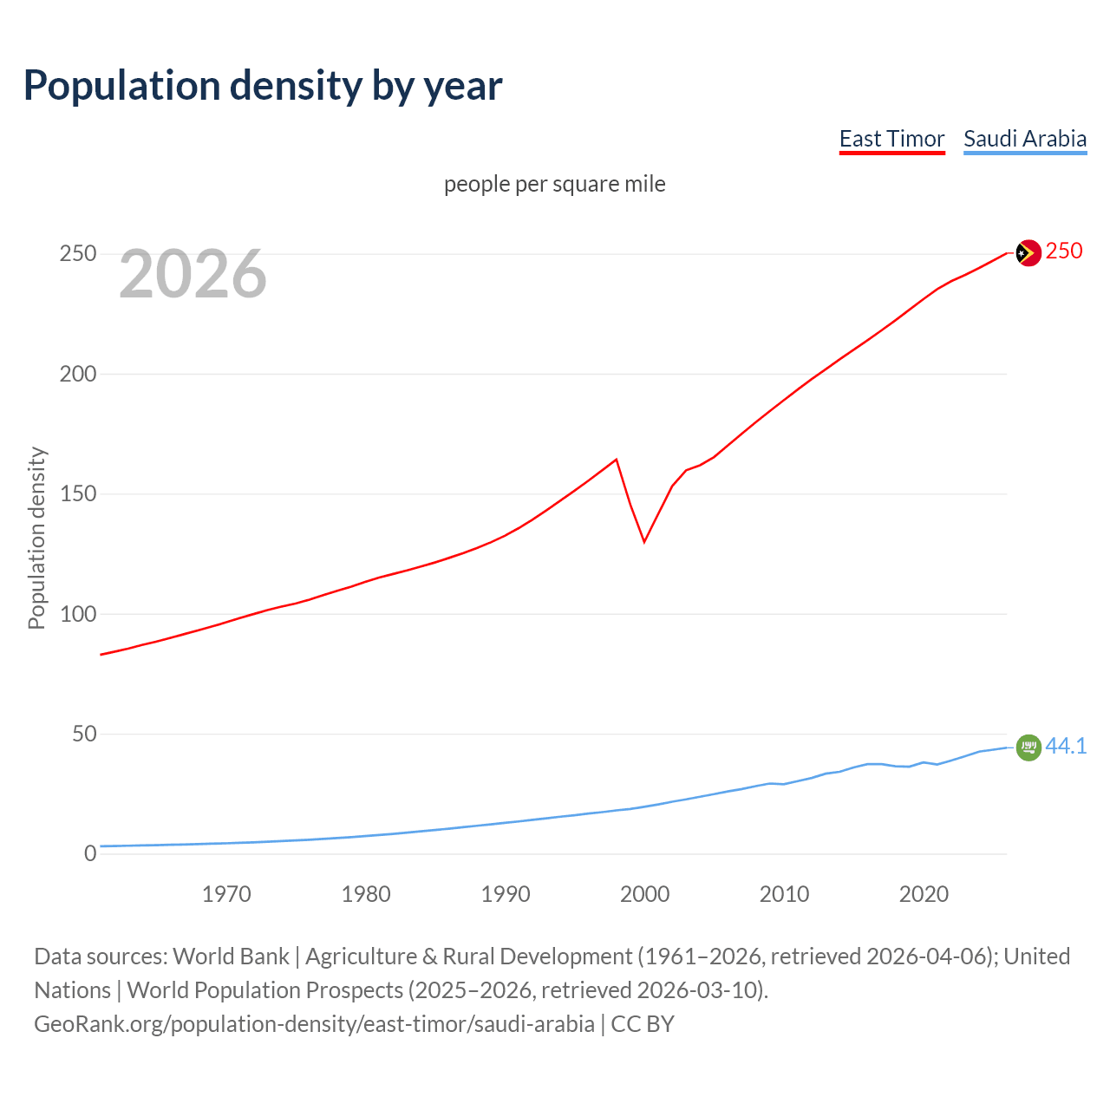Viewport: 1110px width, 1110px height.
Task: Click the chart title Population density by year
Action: tap(263, 85)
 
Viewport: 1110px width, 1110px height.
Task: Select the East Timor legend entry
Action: tap(891, 139)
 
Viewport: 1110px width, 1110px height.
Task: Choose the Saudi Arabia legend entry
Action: tap(1024, 139)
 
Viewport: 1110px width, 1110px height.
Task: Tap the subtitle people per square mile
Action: tap(554, 184)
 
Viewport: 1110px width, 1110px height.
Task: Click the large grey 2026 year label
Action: tap(193, 274)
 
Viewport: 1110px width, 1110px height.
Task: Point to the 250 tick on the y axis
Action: tap(78, 254)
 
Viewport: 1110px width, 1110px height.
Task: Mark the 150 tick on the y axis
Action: tap(78, 494)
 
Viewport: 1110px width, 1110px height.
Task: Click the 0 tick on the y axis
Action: tap(90, 853)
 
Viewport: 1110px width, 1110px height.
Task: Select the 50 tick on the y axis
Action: tap(84, 735)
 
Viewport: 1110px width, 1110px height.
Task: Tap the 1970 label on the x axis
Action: tap(226, 894)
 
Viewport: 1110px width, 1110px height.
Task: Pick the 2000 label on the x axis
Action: tap(644, 894)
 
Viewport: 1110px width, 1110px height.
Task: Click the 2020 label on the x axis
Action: tap(924, 894)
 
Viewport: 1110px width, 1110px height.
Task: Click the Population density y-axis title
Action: tap(36, 538)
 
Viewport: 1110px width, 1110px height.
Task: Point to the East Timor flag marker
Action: tap(1028, 253)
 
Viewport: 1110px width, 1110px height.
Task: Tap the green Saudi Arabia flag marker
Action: tap(1028, 747)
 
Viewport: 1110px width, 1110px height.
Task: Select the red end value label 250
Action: tap(1064, 251)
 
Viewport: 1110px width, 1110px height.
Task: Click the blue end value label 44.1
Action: tap(1066, 746)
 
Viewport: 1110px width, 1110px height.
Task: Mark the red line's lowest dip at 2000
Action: tap(644, 542)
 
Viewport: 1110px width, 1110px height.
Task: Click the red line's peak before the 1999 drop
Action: tap(616, 460)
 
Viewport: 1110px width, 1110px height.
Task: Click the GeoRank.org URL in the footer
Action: tap(315, 1024)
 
